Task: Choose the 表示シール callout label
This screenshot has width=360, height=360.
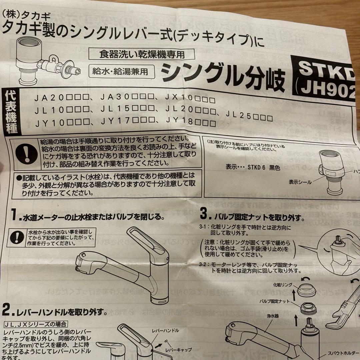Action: [x=300, y=182]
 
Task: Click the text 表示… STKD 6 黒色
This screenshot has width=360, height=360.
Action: [x=253, y=168]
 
